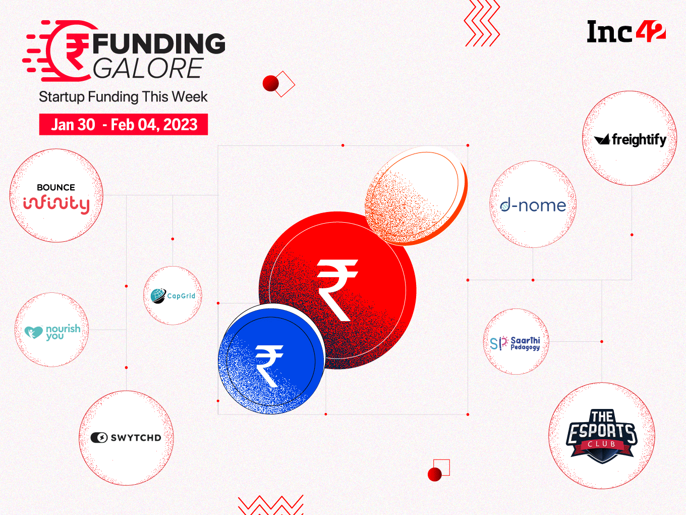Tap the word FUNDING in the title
[159, 43]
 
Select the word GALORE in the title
[148, 69]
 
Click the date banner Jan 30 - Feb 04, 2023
[124, 124]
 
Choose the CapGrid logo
[173, 295]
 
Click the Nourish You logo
[52, 331]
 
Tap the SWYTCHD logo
[126, 438]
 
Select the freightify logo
[630, 139]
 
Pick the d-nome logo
[533, 205]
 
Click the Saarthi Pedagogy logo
[516, 343]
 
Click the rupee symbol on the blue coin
[268, 365]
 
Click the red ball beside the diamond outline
[271, 83]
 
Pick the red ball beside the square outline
[434, 474]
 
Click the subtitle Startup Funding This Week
[123, 96]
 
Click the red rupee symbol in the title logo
[76, 50]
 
